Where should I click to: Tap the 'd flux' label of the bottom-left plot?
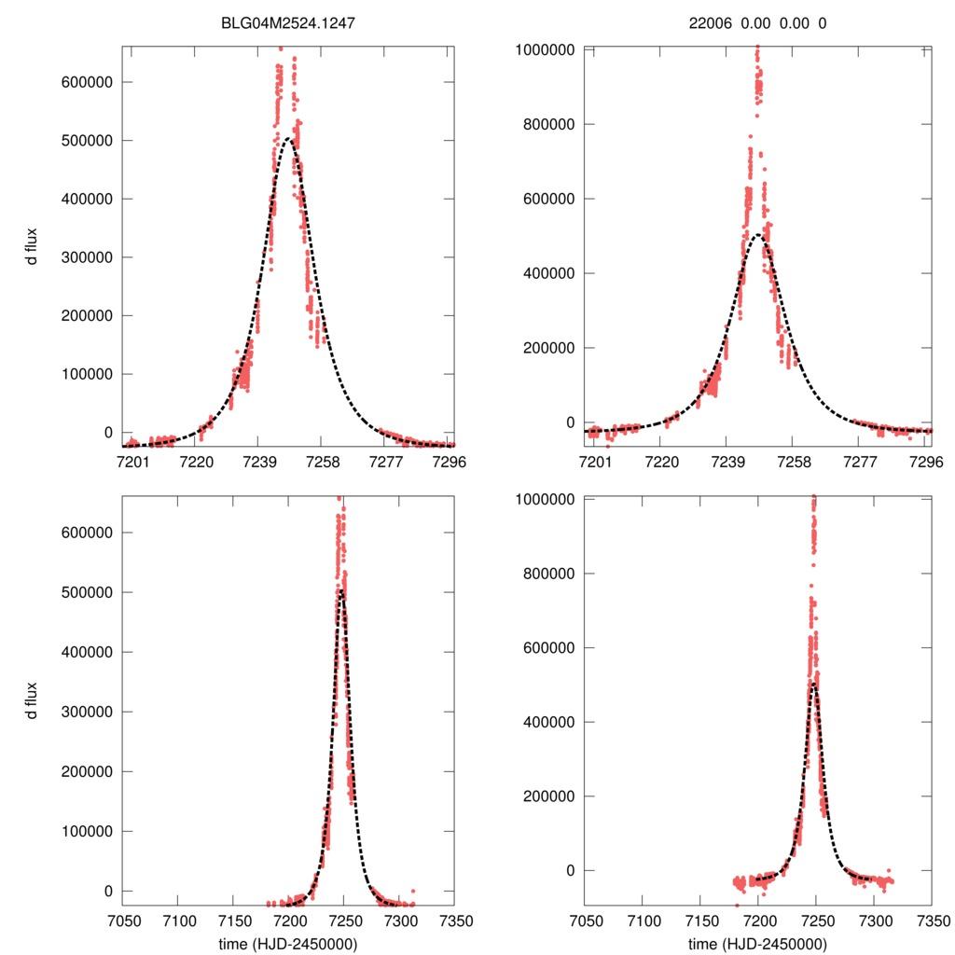pyautogui.click(x=33, y=699)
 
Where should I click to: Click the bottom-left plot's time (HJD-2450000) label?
pyautogui.click(x=287, y=944)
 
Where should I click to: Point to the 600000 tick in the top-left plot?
pyautogui.click(x=88, y=82)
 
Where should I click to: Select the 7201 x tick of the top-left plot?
pyautogui.click(x=131, y=462)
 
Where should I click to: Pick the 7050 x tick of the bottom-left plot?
pyautogui.click(x=122, y=920)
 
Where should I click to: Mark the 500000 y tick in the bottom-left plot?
pyautogui.click(x=88, y=593)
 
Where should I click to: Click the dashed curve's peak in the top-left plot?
pyautogui.click(x=289, y=140)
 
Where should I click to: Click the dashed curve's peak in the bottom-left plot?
pyautogui.click(x=342, y=591)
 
